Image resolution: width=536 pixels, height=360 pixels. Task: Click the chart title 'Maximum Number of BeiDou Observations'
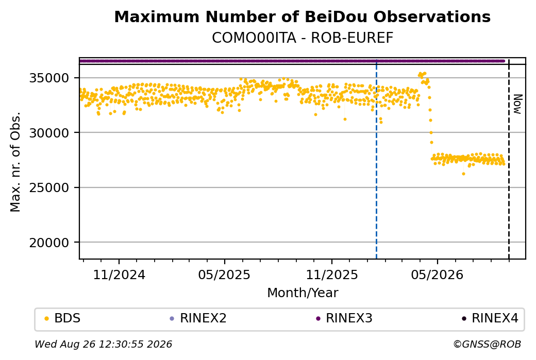tap(302, 16)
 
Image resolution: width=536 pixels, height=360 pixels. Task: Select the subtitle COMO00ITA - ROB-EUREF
tap(303, 38)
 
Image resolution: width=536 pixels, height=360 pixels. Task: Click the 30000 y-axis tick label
tap(49, 132)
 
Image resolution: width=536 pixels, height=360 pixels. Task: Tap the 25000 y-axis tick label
tap(49, 187)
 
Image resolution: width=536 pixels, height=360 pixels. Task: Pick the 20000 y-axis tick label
tap(49, 243)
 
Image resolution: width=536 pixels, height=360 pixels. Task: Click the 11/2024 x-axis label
tap(119, 275)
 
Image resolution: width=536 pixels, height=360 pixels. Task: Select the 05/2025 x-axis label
tap(224, 275)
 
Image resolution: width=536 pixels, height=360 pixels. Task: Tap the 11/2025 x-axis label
tap(331, 275)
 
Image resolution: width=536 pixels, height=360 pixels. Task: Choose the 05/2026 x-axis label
tap(437, 275)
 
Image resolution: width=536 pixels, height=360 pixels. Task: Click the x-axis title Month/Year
tap(303, 293)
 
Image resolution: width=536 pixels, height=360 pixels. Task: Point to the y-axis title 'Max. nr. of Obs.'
tap(15, 162)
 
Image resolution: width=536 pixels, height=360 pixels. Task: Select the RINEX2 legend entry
tap(198, 318)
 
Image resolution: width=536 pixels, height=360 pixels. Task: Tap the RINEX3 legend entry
tap(344, 318)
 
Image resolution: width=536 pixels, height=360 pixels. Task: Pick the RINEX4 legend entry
tap(490, 318)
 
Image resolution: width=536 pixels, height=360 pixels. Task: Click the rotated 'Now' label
tap(518, 104)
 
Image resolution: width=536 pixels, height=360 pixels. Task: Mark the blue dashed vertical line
tap(376, 159)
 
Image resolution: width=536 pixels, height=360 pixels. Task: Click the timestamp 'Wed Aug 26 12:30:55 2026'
tap(103, 344)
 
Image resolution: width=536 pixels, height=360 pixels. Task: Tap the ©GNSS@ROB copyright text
tap(487, 344)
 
